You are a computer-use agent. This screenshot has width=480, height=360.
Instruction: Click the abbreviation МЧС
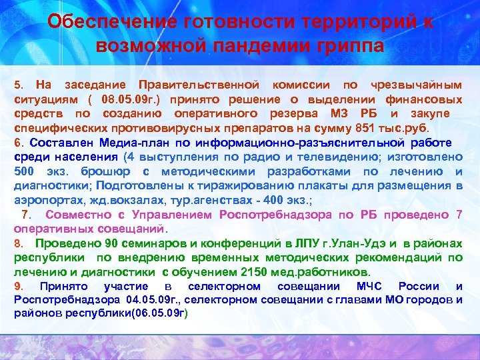point(370,287)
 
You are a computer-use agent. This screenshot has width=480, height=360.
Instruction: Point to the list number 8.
point(18,243)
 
